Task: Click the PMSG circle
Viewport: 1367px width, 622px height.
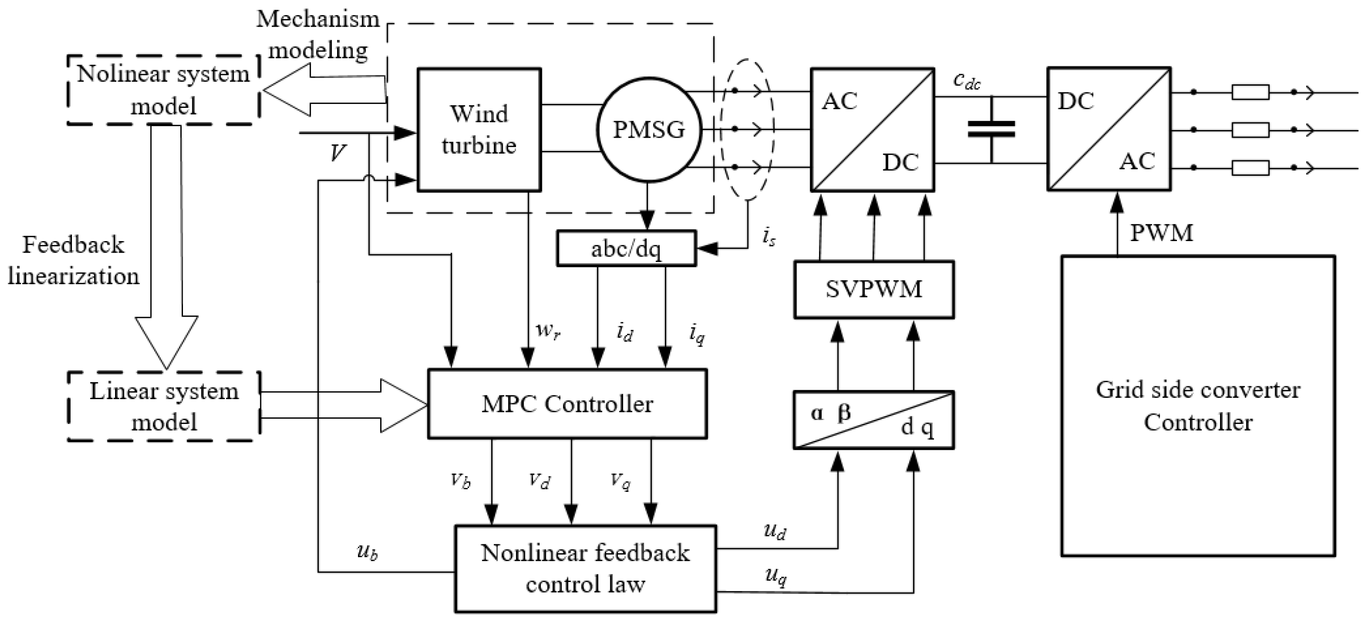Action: click(x=648, y=130)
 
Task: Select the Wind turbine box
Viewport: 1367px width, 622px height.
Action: click(x=479, y=129)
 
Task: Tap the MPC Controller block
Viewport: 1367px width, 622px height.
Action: click(x=567, y=404)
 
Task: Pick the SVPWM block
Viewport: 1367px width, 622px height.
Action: click(x=874, y=289)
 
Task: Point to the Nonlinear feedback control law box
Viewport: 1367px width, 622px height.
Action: click(x=585, y=568)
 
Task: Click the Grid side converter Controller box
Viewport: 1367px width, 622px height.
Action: click(x=1198, y=406)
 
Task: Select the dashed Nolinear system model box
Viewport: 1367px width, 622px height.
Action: click(x=163, y=90)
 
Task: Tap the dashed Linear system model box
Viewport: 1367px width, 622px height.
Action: click(x=163, y=407)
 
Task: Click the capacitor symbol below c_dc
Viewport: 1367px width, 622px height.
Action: click(x=991, y=129)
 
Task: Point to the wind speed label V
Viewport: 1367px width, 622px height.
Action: click(x=338, y=154)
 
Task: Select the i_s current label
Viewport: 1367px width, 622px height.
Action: click(x=768, y=237)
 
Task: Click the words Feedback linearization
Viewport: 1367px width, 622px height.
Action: click(x=73, y=260)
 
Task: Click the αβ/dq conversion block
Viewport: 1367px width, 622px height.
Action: click(x=874, y=420)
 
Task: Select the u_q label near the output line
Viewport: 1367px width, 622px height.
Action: click(x=775, y=576)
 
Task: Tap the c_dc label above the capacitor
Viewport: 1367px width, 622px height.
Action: click(x=966, y=81)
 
